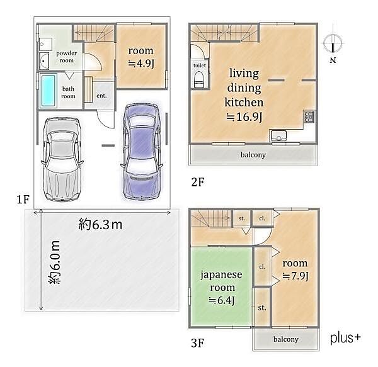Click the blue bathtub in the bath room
coord(49,91)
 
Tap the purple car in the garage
coord(142,151)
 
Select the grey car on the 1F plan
coord(62,159)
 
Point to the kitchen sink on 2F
coord(278,135)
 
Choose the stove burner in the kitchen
coord(309,116)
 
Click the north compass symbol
coord(333,44)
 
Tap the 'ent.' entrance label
coord(101,96)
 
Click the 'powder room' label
coord(67,57)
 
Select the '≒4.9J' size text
coord(141,64)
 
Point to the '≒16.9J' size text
coord(244,117)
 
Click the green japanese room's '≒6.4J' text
coord(222,300)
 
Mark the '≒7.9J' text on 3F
coord(295,276)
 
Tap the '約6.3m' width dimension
coord(100,225)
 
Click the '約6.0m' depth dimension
coord(54,263)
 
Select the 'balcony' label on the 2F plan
coord(253,155)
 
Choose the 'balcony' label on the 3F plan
coord(286,339)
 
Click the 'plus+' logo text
coord(345,337)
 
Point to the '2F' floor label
coord(198,182)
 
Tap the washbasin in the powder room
coord(44,61)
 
